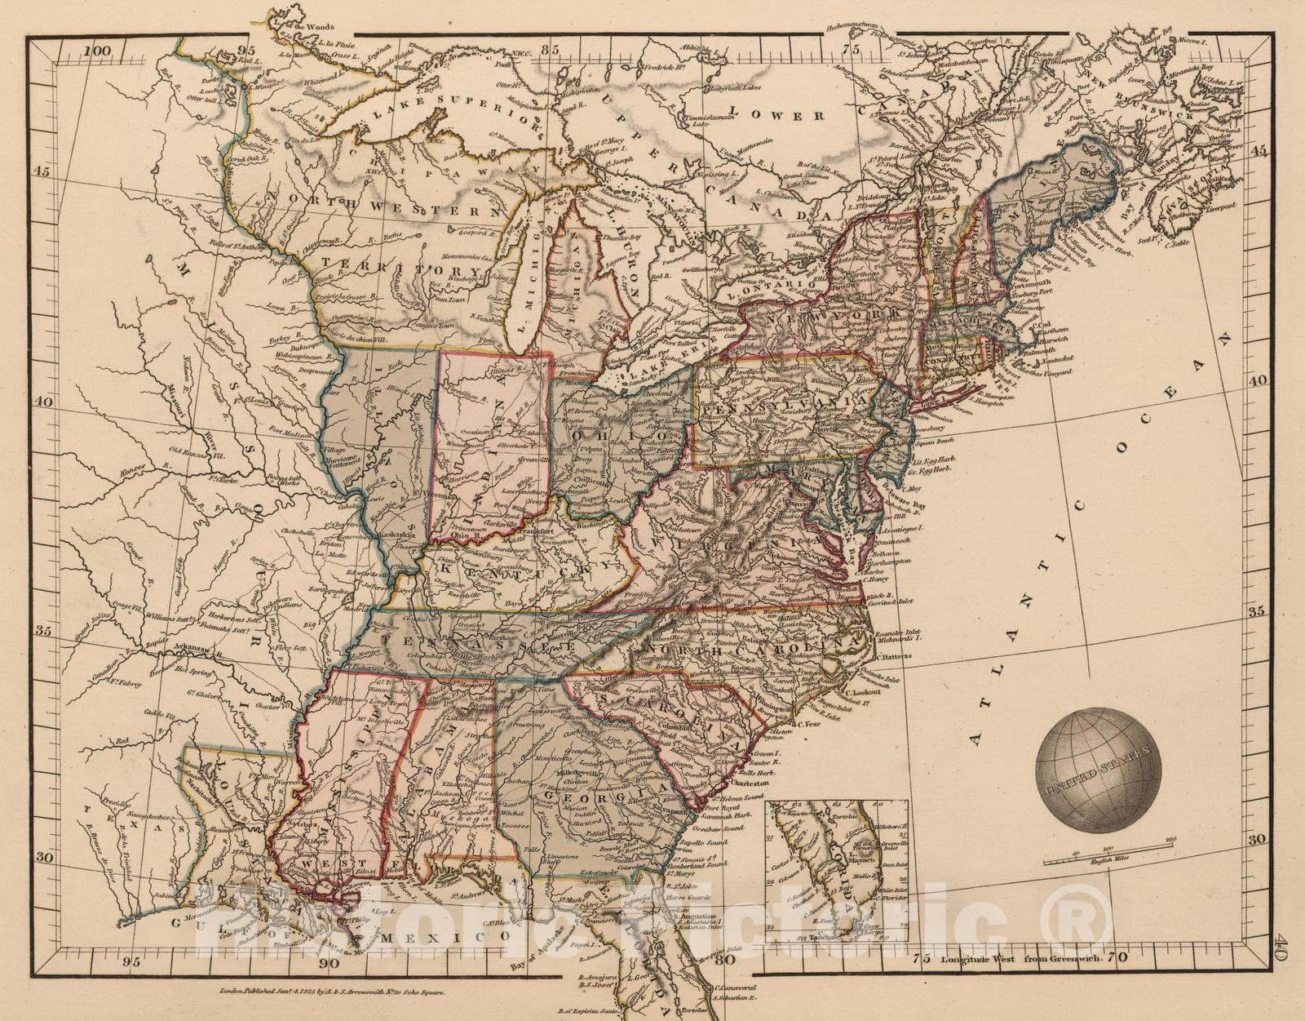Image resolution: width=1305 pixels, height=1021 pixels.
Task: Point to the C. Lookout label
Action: (856, 691)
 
